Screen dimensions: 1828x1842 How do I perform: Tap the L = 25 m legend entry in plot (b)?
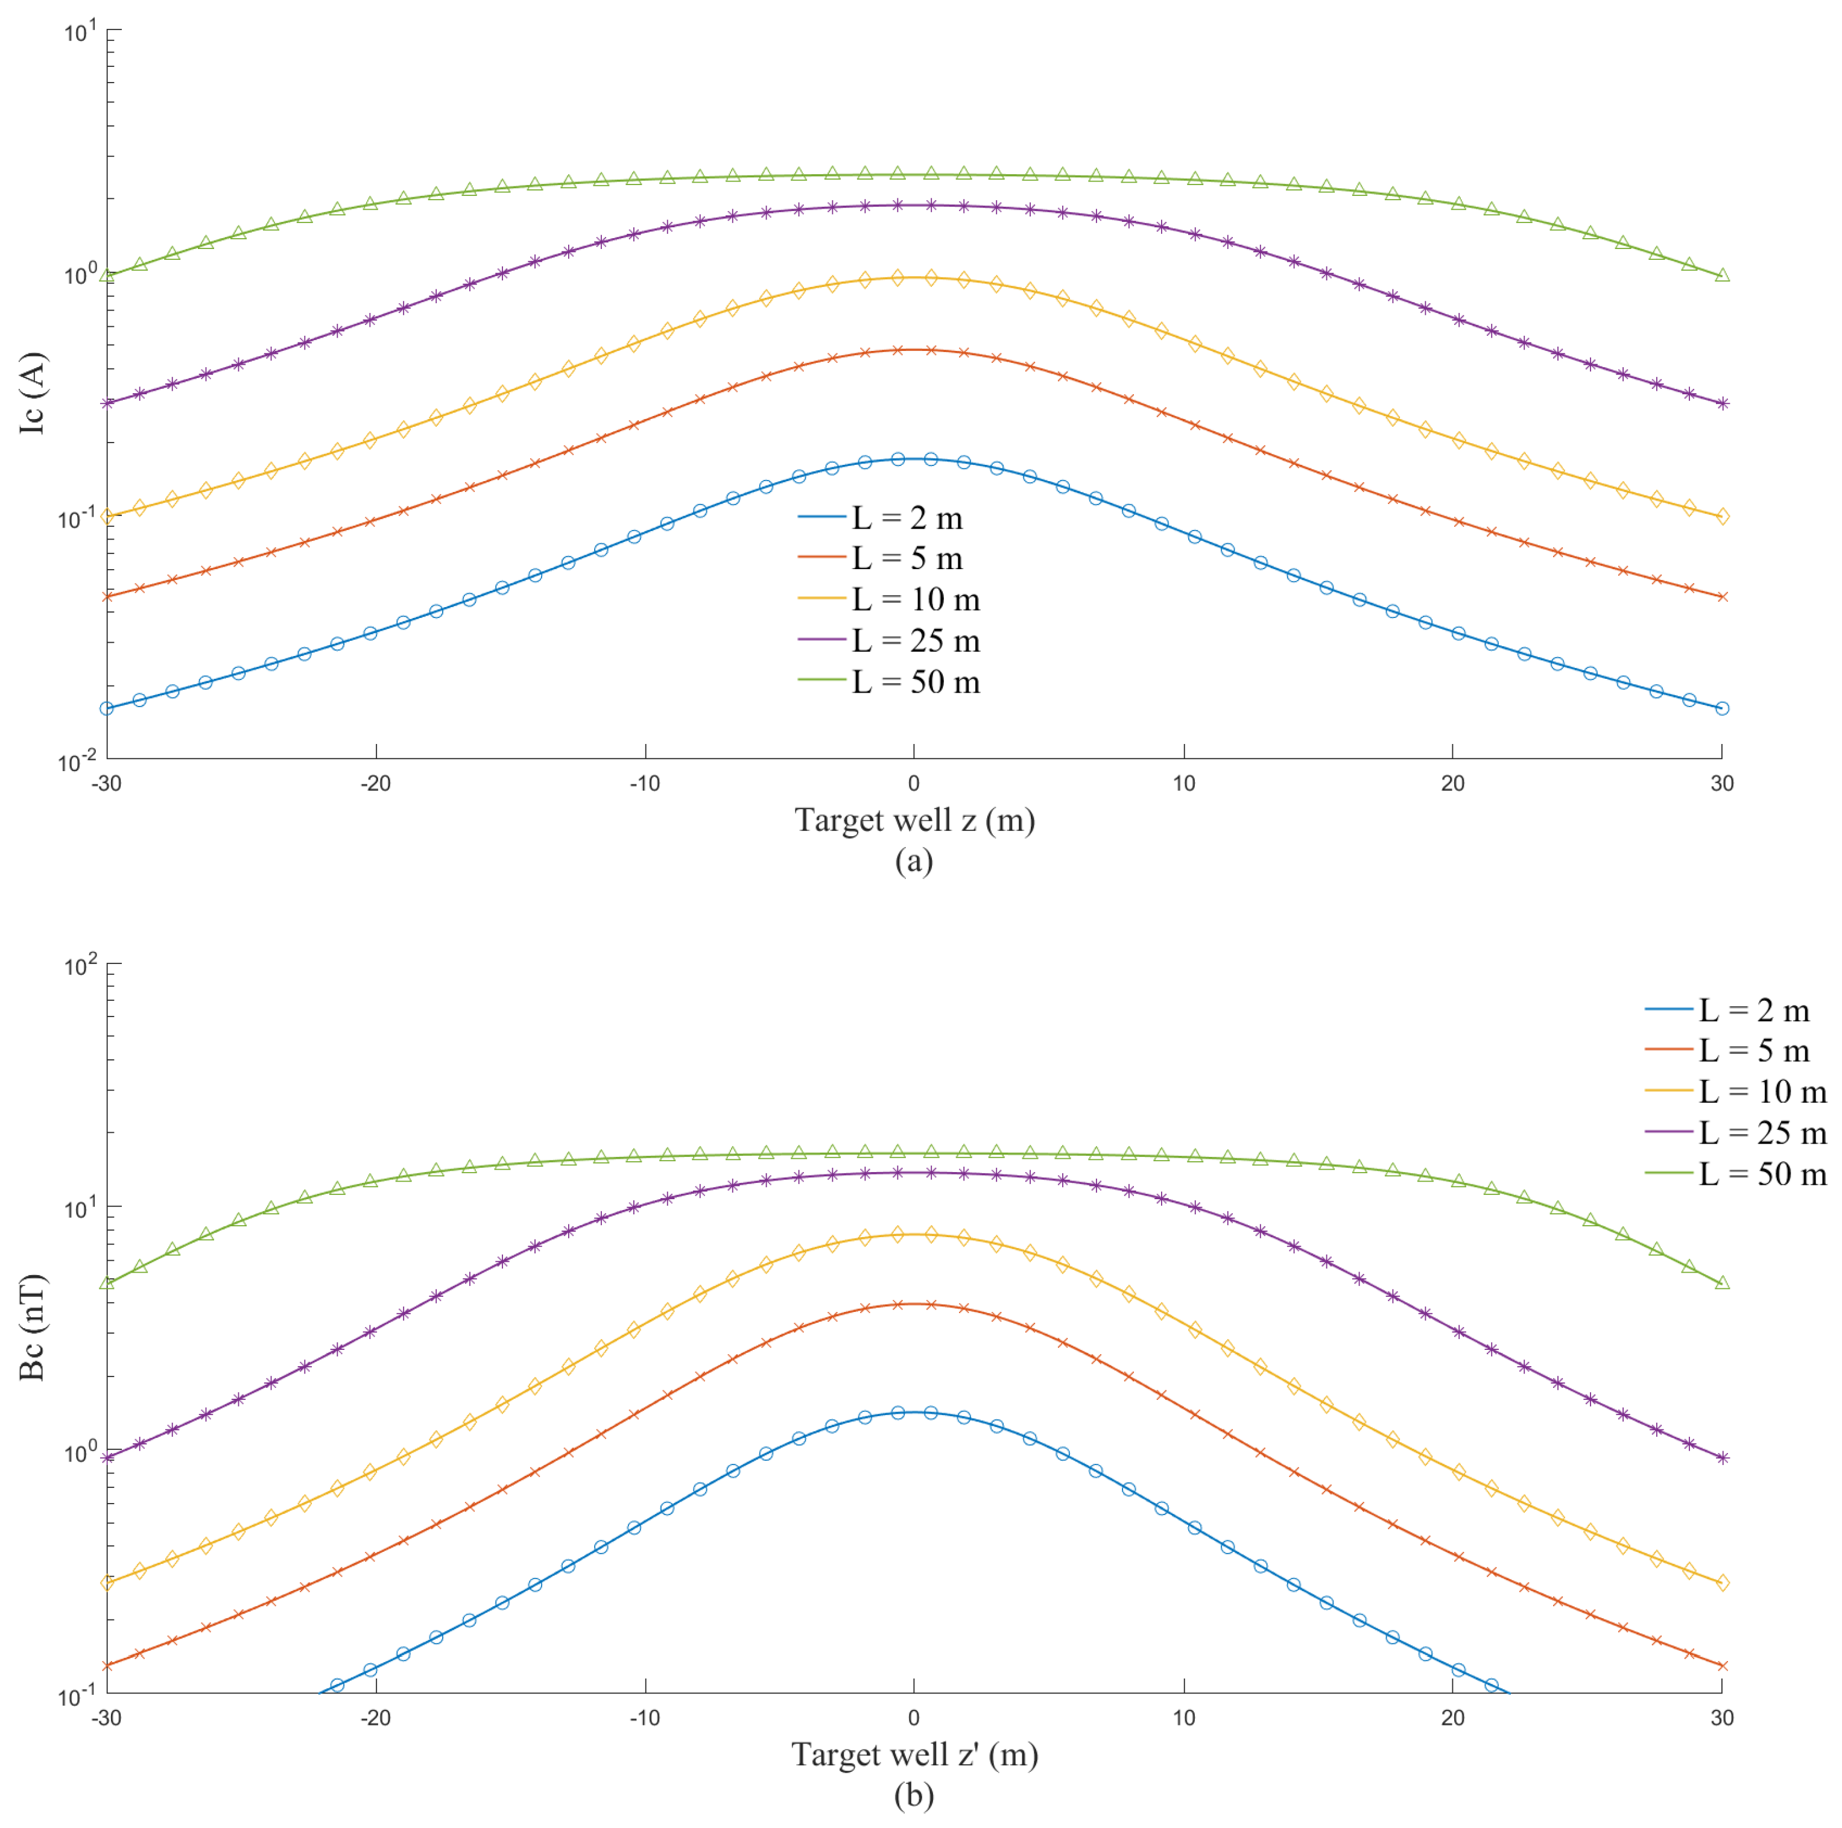pyautogui.click(x=1762, y=1133)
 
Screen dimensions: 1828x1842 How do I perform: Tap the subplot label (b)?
pyautogui.click(x=913, y=1795)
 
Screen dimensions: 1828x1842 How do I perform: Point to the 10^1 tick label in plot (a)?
pyautogui.click(x=80, y=33)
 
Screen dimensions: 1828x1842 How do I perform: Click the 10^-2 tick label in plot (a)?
pyautogui.click(x=76, y=761)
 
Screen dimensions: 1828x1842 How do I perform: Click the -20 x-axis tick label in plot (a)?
pyautogui.click(x=376, y=783)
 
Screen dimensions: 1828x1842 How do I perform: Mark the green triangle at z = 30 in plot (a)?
pyautogui.click(x=1722, y=276)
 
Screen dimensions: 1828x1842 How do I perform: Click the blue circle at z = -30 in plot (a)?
pyautogui.click(x=107, y=708)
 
